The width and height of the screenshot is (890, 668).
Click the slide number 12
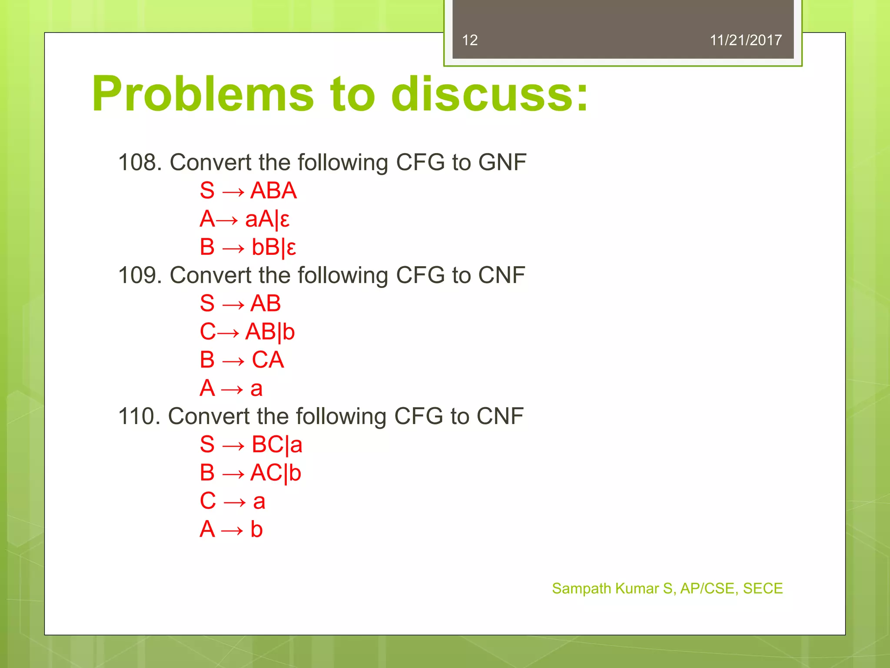click(470, 40)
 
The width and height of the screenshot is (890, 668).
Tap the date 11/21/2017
click(745, 40)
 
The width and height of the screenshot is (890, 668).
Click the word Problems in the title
click(203, 94)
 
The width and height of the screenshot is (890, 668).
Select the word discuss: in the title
click(489, 94)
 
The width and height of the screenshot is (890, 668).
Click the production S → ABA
click(248, 190)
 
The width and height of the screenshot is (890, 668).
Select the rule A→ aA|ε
click(245, 219)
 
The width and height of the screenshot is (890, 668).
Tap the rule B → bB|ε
click(248, 247)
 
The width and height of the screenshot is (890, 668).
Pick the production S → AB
click(240, 303)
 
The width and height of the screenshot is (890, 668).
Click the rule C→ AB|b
click(247, 332)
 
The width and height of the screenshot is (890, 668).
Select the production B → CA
click(242, 360)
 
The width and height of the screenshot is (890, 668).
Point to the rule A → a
click(231, 388)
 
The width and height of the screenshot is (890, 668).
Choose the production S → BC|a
click(251, 444)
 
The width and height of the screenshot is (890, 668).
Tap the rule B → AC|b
click(250, 473)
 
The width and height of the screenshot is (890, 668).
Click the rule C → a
click(232, 501)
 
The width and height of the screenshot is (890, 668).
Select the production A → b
click(231, 529)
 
